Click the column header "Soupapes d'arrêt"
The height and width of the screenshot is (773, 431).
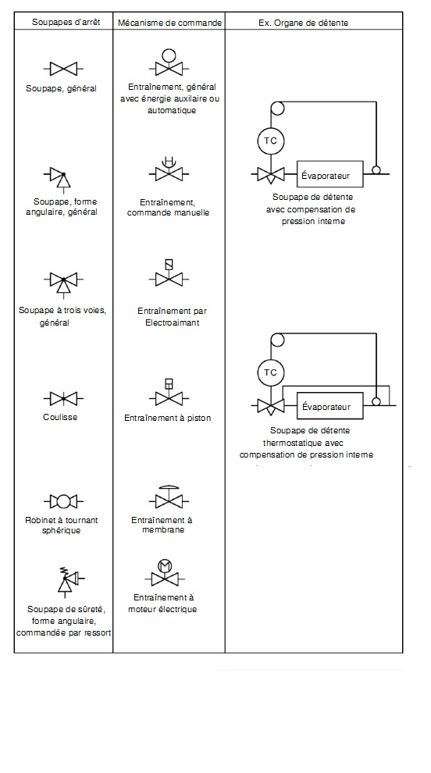[x=63, y=22]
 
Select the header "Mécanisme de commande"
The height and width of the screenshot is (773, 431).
[x=169, y=23]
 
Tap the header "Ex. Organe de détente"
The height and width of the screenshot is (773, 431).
[x=304, y=23]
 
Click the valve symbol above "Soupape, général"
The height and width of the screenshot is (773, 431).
[x=63, y=68]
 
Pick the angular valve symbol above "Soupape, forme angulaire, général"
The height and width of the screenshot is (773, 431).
[x=59, y=177]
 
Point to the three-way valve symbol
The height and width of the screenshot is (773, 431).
[x=63, y=283]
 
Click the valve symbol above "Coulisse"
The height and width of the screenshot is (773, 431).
[x=63, y=398]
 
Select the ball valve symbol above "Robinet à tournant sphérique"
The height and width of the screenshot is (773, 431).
[x=63, y=502]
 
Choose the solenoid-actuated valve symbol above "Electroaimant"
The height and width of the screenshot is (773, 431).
[x=169, y=273]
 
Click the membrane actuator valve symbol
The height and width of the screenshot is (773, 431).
[x=169, y=497]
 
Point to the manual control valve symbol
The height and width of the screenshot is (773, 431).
[x=169, y=169]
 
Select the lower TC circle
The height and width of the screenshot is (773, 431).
[x=271, y=372]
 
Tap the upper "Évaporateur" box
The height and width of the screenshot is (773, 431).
[x=330, y=174]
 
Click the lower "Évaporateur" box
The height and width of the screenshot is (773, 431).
[x=330, y=406]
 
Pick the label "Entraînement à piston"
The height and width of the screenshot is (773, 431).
[x=168, y=418]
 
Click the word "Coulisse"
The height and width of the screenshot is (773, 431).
[x=60, y=417]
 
